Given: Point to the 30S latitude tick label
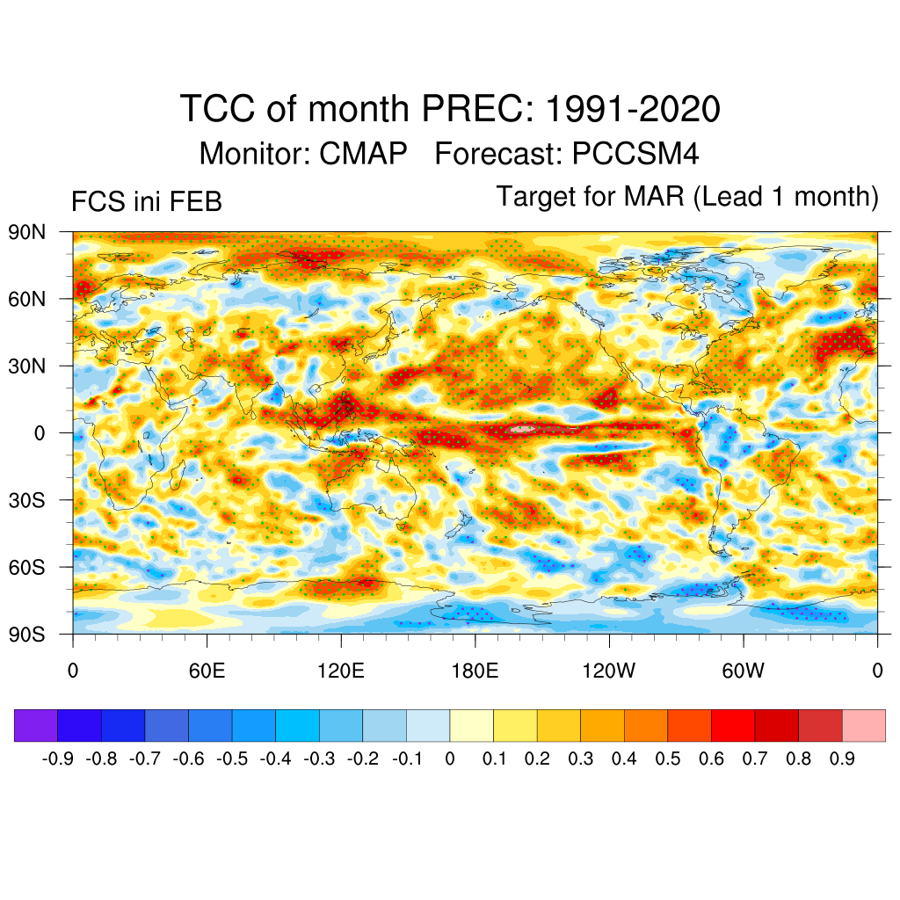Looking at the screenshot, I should [25, 500].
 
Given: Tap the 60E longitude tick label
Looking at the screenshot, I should [207, 671].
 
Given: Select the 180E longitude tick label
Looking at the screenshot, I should [475, 671].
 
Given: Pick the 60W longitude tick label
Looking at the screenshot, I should [744, 671].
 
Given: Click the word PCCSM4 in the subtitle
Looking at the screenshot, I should [635, 154].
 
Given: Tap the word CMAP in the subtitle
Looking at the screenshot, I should [363, 154].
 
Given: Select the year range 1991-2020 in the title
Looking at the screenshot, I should [633, 110].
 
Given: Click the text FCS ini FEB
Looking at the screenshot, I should [146, 202].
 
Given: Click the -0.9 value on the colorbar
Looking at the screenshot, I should [58, 758].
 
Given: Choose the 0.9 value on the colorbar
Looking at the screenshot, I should [842, 758].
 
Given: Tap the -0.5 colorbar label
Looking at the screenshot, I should [233, 758].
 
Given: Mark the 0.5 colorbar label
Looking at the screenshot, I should [668, 758].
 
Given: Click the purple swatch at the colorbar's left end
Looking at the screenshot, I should [36, 725].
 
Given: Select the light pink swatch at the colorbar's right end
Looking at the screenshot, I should [863, 725].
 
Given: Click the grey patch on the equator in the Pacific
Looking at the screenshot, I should [522, 430].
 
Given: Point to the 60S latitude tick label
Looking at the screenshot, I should [25, 567].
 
